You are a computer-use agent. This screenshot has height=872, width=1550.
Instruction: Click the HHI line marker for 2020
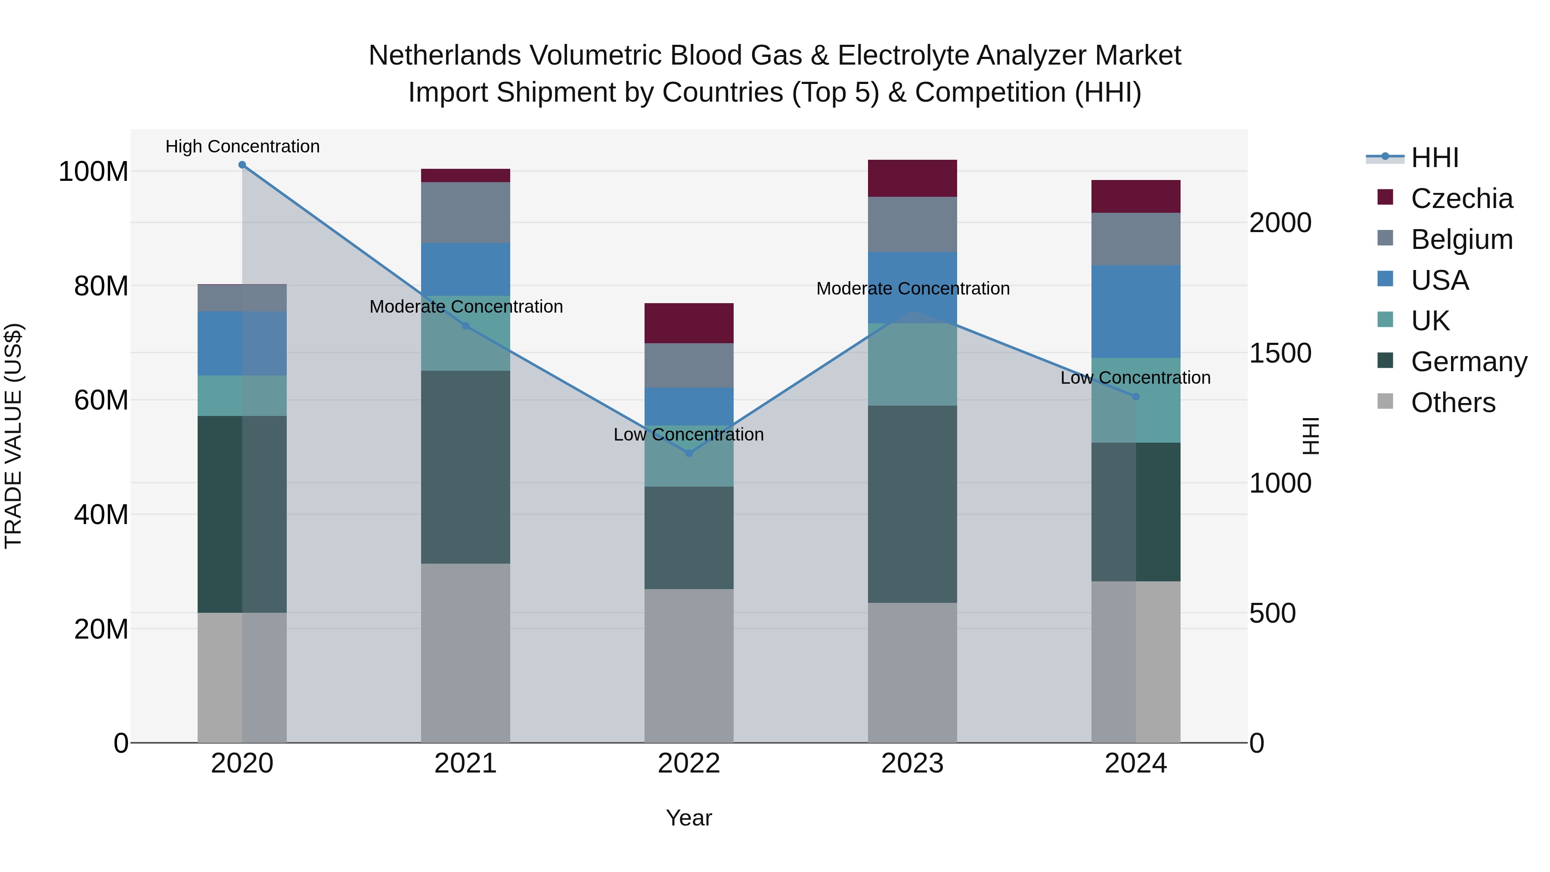coord(242,165)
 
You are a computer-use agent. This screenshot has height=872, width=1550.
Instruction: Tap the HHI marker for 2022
coord(689,453)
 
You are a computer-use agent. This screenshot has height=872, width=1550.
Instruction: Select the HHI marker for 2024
coord(1135,397)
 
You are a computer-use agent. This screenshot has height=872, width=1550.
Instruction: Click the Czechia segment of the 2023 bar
coord(912,178)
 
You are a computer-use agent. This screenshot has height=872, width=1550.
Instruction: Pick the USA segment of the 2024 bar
coord(1135,312)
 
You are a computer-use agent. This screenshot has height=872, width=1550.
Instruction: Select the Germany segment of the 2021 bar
coord(465,467)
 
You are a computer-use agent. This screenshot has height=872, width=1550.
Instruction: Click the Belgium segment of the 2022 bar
coord(689,365)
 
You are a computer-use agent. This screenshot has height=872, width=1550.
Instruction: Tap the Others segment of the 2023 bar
coord(912,672)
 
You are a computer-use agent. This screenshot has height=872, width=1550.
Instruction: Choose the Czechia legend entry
coord(1461,199)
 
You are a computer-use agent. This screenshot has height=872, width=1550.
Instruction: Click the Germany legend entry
coord(1468,362)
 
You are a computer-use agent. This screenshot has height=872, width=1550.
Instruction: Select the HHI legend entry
coord(1435,158)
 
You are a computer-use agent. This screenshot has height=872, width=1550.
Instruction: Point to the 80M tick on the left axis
coord(101,286)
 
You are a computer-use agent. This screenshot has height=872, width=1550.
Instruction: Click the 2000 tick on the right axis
coord(1280,223)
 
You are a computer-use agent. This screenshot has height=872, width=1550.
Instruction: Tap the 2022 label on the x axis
coord(689,763)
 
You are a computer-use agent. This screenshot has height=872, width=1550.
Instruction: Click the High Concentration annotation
coord(242,146)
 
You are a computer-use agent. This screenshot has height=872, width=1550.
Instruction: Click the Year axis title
coord(689,818)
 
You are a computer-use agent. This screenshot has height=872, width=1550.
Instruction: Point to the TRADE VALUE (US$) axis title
coord(13,436)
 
